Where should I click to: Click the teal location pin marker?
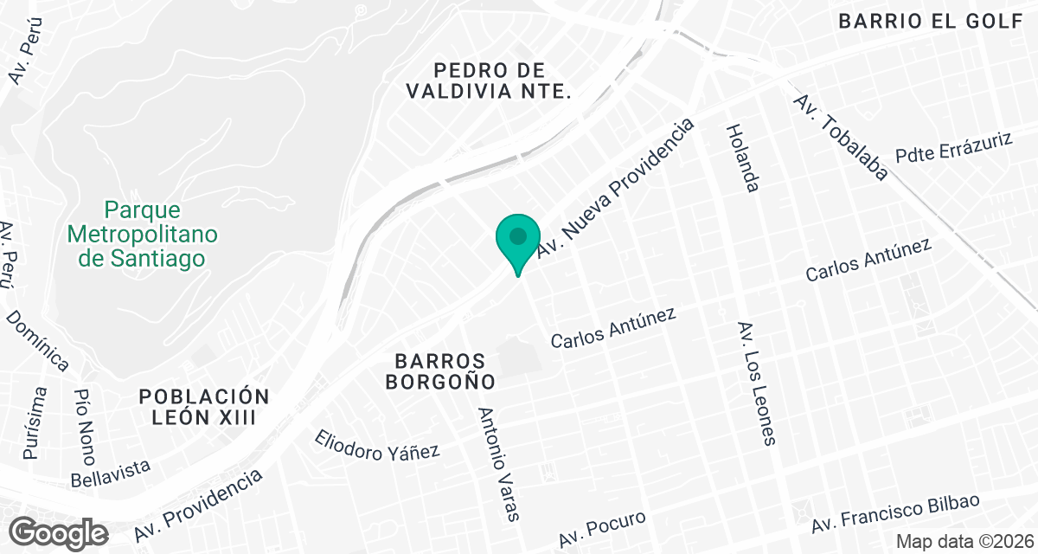(x=518, y=240)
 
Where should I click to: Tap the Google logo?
(x=61, y=531)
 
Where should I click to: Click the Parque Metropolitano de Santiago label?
(x=143, y=234)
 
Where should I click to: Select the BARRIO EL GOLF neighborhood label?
(x=931, y=22)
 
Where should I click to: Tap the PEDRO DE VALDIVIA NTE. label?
(x=490, y=80)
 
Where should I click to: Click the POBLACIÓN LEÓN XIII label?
(x=205, y=406)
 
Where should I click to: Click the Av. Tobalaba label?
(x=841, y=137)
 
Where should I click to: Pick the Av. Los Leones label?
(x=755, y=383)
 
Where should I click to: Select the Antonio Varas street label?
(x=499, y=464)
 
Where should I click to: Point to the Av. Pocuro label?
(x=602, y=528)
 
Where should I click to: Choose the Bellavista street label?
(x=112, y=473)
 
